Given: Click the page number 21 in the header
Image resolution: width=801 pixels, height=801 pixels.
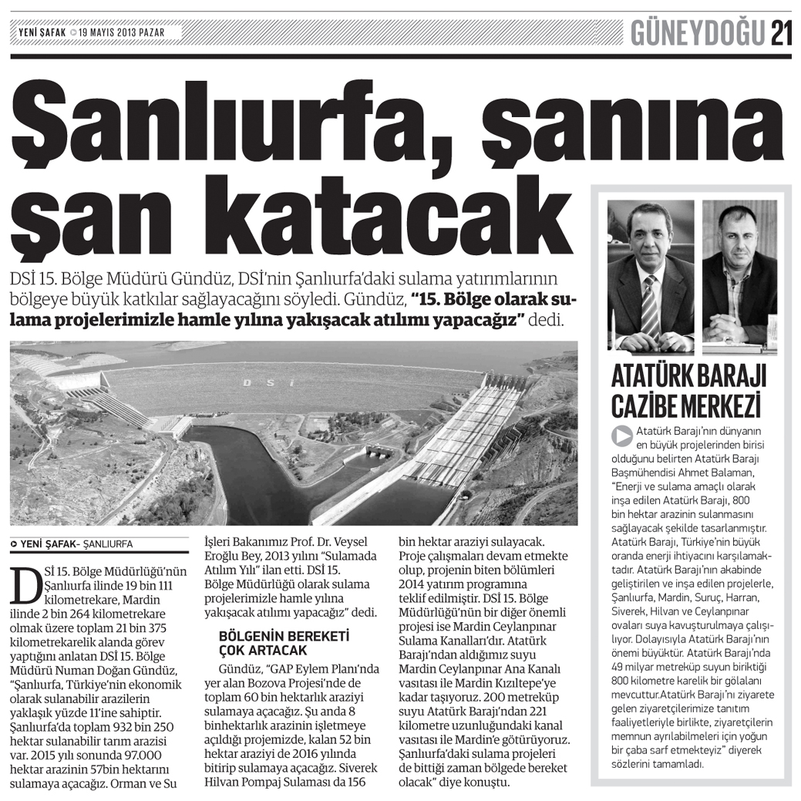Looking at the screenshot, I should pyautogui.click(x=780, y=33).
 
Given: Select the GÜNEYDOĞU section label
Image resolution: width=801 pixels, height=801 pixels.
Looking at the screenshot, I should pyautogui.click(x=698, y=33).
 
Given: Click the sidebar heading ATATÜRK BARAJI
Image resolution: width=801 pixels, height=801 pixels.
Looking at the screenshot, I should pyautogui.click(x=688, y=377).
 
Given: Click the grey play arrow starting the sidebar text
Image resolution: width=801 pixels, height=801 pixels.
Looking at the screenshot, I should pyautogui.click(x=621, y=435).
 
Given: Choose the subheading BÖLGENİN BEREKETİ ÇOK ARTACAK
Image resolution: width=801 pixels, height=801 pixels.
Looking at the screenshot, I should pyautogui.click(x=284, y=643).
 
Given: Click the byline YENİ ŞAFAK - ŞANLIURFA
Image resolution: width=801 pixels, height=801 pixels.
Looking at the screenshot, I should pyautogui.click(x=72, y=544).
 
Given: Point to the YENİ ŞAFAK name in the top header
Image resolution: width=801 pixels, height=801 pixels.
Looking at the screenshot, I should pyautogui.click(x=42, y=33).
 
